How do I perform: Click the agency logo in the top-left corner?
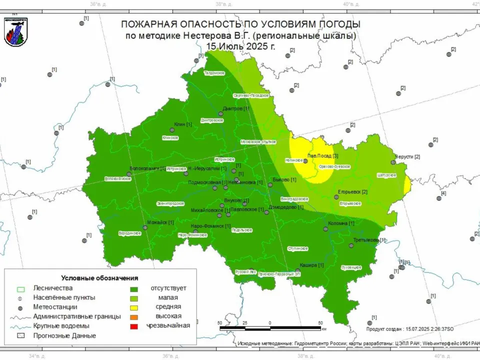point(15,31)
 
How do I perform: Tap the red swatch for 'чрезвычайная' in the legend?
point(134,326)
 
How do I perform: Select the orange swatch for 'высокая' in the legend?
point(134,316)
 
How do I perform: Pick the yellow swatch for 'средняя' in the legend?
point(134,307)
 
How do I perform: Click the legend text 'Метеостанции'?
point(55,306)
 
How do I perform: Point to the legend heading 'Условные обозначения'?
point(99,278)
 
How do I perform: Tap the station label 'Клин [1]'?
point(182,124)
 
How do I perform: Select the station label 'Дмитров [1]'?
point(235,108)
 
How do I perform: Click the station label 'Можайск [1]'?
point(160,222)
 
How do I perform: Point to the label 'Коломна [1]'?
point(341,223)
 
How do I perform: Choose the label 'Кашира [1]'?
point(308,265)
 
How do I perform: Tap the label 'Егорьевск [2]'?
point(352,192)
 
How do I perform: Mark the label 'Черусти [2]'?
point(407,156)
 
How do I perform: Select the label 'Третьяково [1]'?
point(369,240)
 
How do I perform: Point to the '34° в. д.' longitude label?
point(37,356)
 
